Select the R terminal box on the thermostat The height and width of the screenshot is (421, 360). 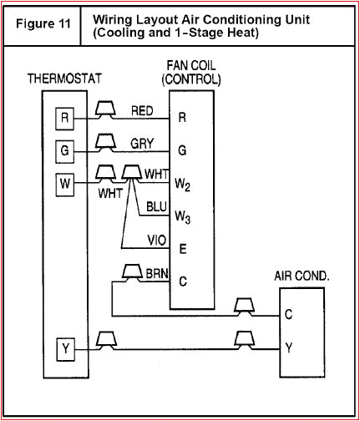pos(65,118)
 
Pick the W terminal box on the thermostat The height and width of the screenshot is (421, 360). pos(65,182)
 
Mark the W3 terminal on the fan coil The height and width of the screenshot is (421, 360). pos(184,216)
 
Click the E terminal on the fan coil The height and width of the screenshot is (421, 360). pos(181,248)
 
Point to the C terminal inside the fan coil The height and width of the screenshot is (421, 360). pos(182,282)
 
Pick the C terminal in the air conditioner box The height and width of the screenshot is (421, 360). pos(288,315)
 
